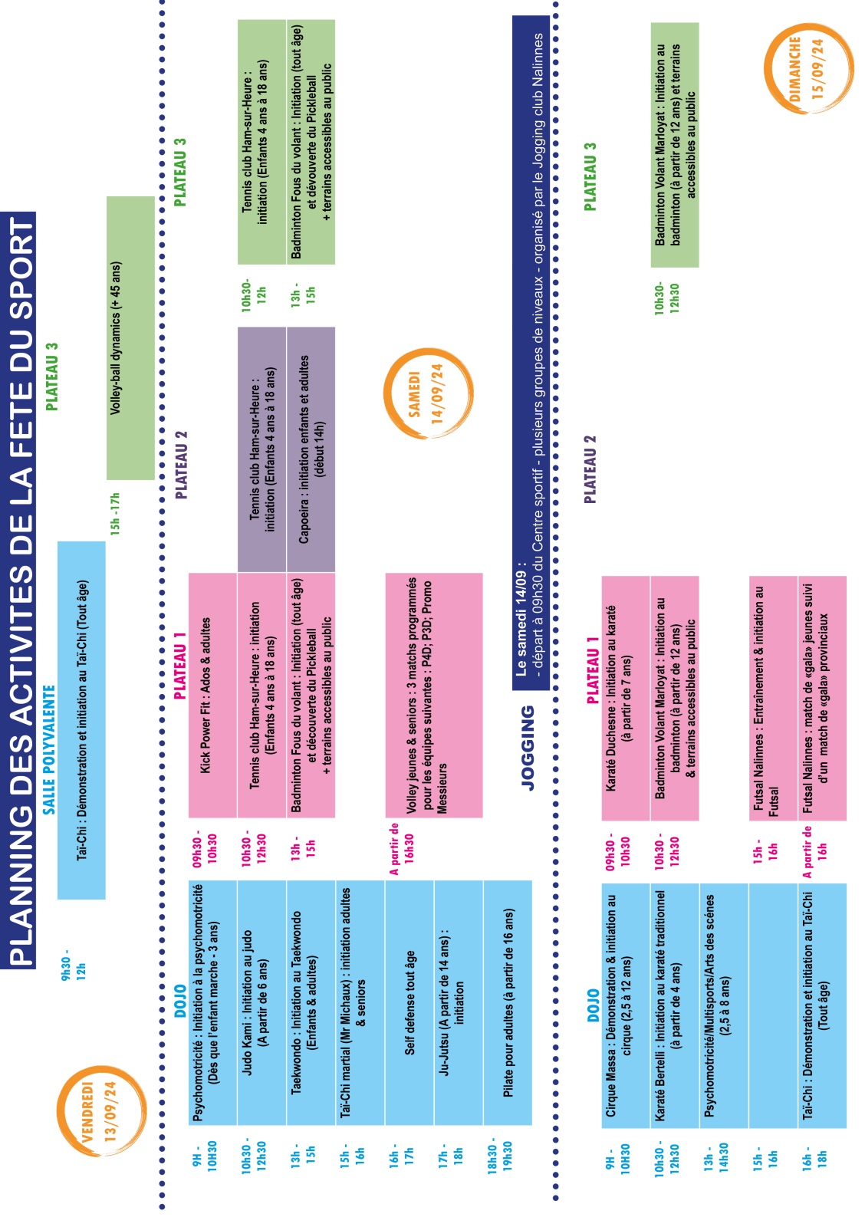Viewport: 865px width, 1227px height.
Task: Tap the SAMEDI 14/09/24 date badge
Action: [x=428, y=393]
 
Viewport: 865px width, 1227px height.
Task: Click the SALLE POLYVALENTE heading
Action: [x=49, y=749]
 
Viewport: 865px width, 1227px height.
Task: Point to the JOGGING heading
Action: [x=528, y=748]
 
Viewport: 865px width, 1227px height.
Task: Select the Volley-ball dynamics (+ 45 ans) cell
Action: [x=130, y=338]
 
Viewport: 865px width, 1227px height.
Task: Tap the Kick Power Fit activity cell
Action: [x=212, y=695]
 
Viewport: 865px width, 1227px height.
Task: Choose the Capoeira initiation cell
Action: [x=311, y=449]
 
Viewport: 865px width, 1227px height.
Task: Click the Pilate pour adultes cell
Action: [x=508, y=1003]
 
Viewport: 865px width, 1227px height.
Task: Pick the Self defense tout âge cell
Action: [x=409, y=1003]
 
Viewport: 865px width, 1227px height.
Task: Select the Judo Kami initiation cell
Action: [x=261, y=1003]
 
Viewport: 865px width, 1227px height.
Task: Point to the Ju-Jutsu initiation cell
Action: [x=459, y=1003]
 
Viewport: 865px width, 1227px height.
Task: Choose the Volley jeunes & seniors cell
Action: [x=433, y=695]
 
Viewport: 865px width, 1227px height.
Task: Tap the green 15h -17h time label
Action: [x=115, y=512]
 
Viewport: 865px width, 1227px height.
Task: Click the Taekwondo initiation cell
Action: [x=311, y=1003]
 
